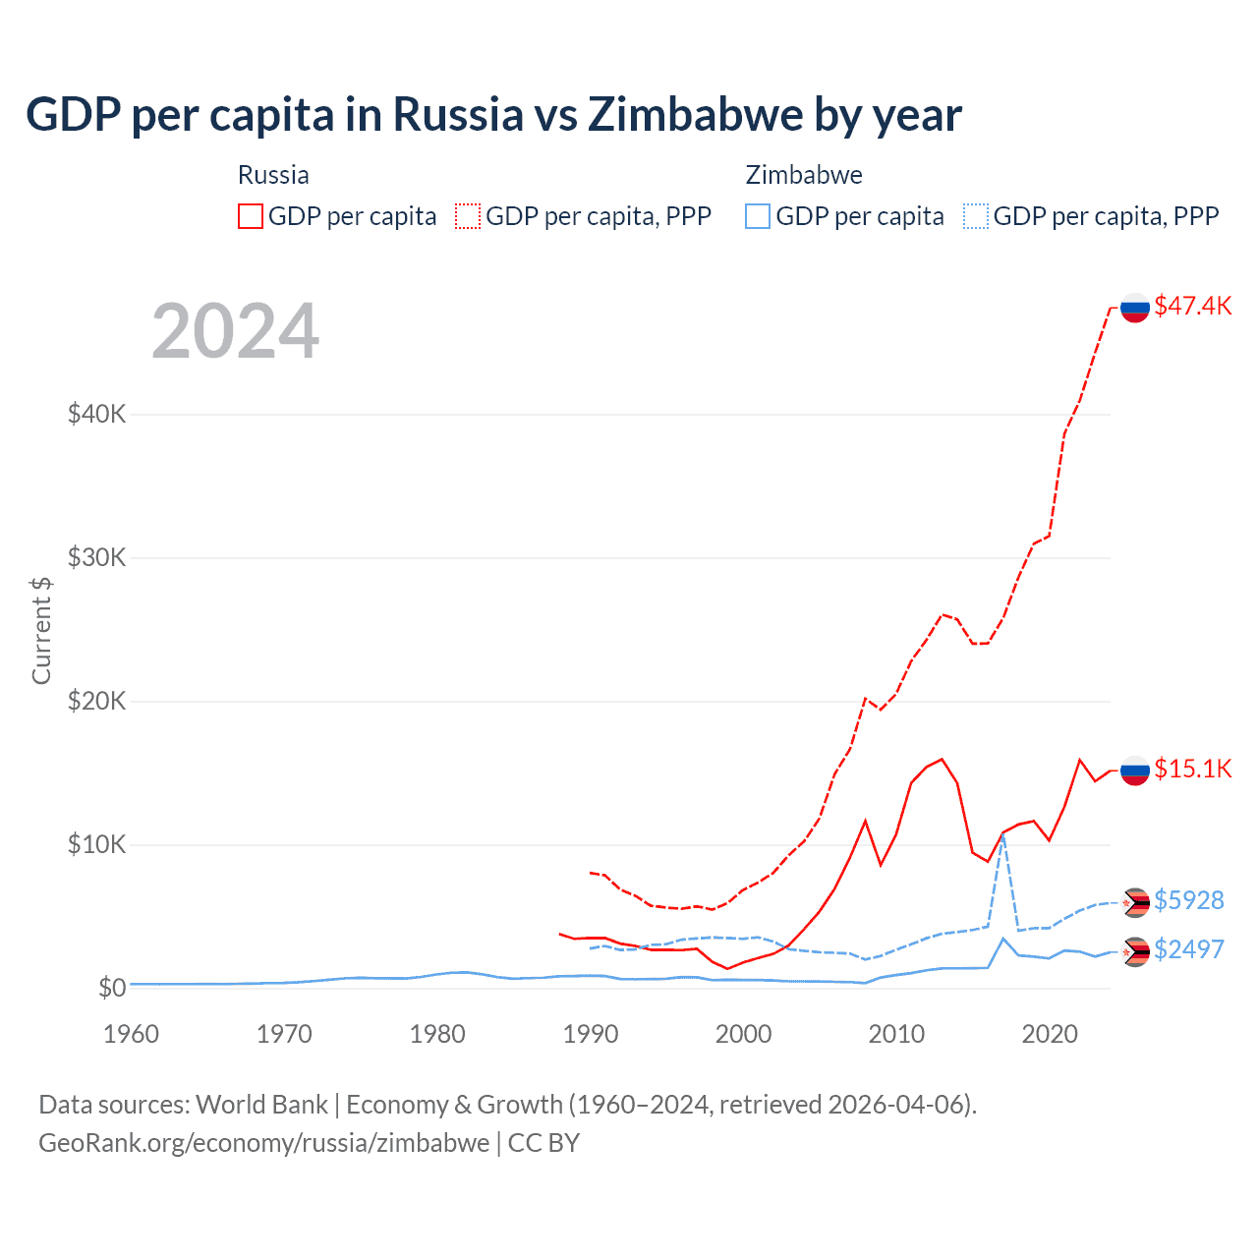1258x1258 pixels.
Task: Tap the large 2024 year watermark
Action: click(x=235, y=331)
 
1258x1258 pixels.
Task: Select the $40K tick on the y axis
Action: click(x=96, y=414)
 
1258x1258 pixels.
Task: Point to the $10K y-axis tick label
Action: click(x=96, y=844)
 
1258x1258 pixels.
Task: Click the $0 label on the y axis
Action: click(x=111, y=988)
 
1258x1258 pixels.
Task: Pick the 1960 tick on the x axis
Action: click(x=131, y=1034)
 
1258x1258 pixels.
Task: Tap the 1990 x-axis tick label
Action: click(x=591, y=1034)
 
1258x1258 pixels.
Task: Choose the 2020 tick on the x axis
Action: click(x=1050, y=1034)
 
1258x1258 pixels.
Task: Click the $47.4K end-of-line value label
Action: click(x=1192, y=306)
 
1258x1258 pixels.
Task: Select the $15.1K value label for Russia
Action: click(x=1192, y=769)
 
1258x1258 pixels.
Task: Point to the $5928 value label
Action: click(x=1188, y=900)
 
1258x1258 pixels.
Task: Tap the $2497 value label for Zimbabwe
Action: click(x=1188, y=949)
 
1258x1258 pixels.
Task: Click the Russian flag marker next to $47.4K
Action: click(x=1135, y=308)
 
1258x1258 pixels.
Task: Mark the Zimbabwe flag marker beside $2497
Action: click(x=1135, y=951)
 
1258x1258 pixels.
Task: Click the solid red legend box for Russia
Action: click(x=251, y=216)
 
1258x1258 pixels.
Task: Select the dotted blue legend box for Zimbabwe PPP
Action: click(x=976, y=216)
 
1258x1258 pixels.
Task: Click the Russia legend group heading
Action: click(x=273, y=175)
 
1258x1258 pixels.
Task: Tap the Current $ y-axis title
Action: click(x=41, y=631)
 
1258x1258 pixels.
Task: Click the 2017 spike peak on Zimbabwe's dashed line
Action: click(x=1002, y=836)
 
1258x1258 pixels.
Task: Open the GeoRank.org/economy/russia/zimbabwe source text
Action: click(x=263, y=1143)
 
